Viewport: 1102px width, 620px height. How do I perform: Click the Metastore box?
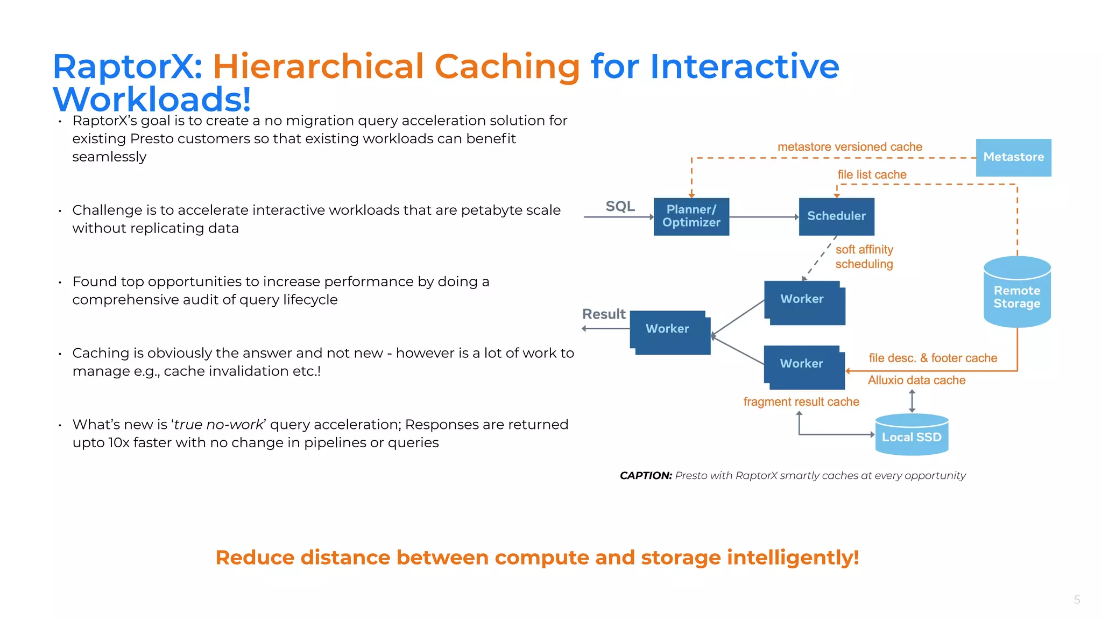tap(1013, 157)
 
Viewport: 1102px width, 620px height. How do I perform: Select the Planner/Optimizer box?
tap(691, 216)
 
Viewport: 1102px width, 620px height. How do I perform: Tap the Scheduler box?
tap(836, 216)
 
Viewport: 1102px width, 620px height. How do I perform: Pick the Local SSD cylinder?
tap(912, 435)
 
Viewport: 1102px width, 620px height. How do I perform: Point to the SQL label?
tap(620, 206)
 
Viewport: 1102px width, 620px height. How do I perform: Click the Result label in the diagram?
tap(604, 314)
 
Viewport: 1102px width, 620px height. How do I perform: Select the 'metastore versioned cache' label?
tap(850, 147)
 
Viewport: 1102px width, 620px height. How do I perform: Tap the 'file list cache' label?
tap(872, 174)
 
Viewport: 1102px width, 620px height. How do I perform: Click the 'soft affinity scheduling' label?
tap(864, 257)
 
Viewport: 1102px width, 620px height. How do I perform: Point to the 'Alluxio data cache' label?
tap(916, 380)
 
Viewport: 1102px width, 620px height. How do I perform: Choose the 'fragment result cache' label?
tap(801, 401)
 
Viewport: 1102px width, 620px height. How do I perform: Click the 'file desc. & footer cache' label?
tap(933, 358)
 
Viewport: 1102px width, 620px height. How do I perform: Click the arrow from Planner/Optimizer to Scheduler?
tap(764, 217)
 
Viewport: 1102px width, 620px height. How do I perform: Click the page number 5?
tap(1077, 600)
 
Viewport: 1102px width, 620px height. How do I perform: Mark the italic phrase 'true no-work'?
tap(218, 425)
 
